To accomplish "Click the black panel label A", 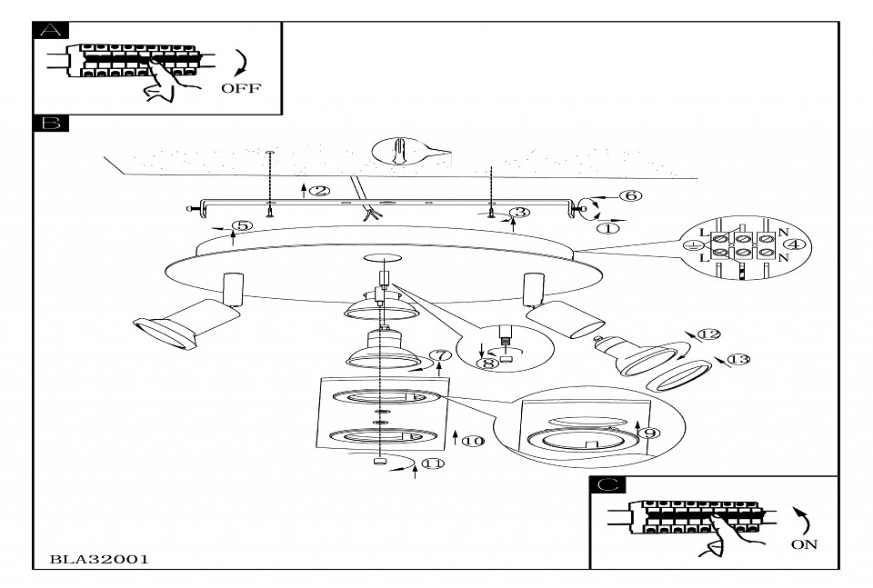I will (x=50, y=29).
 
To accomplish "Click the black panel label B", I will (x=50, y=123).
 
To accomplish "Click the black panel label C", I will (x=607, y=485).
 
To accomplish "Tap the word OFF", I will (x=240, y=88).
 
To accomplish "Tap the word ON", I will (x=805, y=544).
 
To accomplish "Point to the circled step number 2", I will (x=318, y=191).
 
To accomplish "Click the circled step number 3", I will (x=519, y=213).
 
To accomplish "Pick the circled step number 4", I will (x=794, y=244).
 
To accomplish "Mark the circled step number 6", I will (x=630, y=195).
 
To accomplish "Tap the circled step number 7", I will (x=441, y=355).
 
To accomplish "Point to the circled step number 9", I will (x=649, y=434).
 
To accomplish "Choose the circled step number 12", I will (x=708, y=334).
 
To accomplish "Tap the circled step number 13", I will (x=738, y=360).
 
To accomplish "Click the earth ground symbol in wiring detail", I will (x=693, y=244).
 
